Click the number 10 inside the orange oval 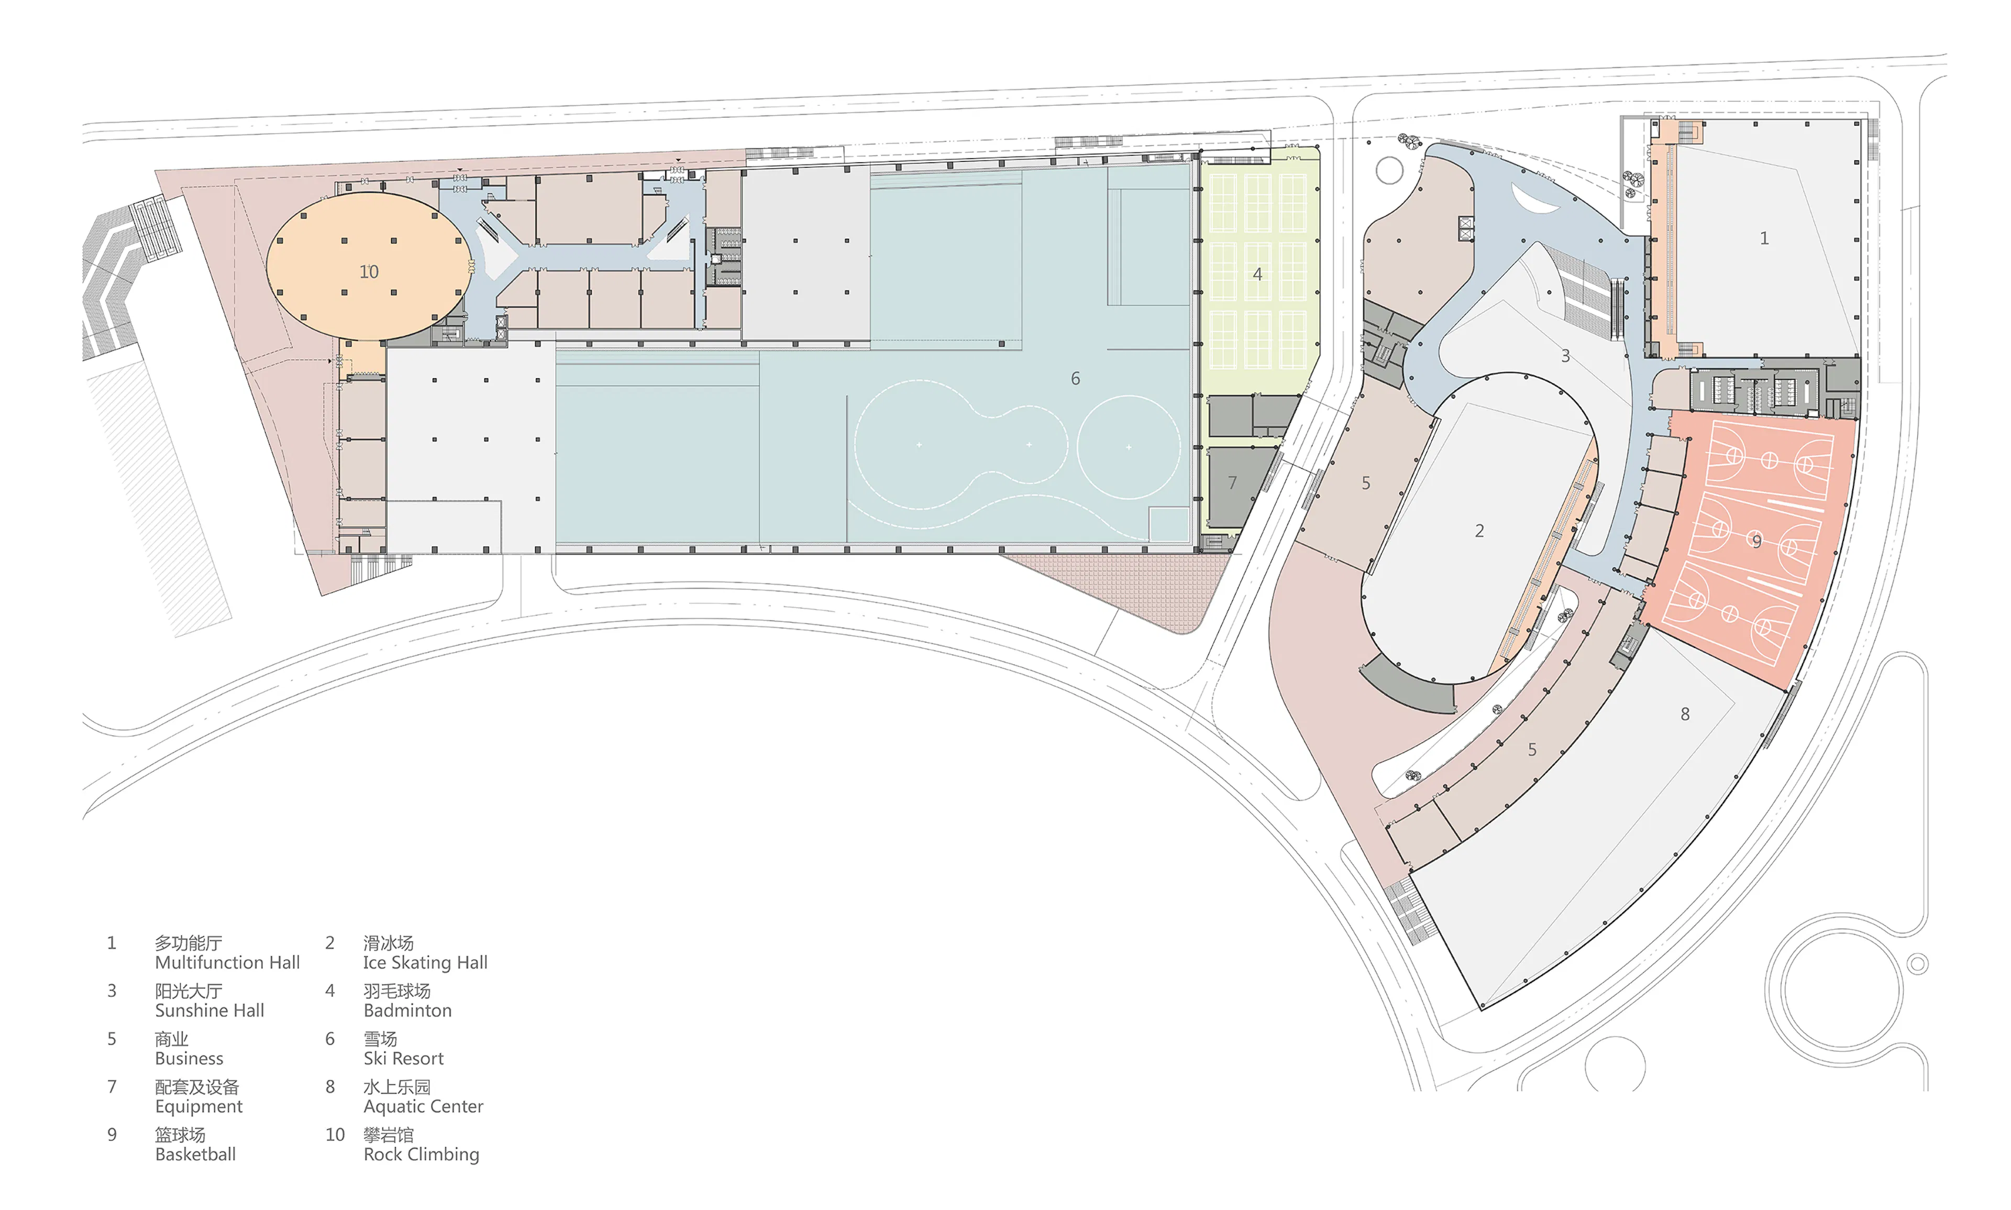(369, 271)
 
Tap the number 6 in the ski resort (1075, 378)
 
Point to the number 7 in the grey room (1232, 483)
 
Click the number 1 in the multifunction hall (1763, 238)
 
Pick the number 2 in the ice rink (1479, 531)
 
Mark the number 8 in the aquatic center (1684, 714)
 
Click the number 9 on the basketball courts (1756, 541)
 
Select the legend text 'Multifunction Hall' (227, 962)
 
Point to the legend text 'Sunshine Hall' (209, 1010)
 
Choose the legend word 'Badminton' (407, 1010)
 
